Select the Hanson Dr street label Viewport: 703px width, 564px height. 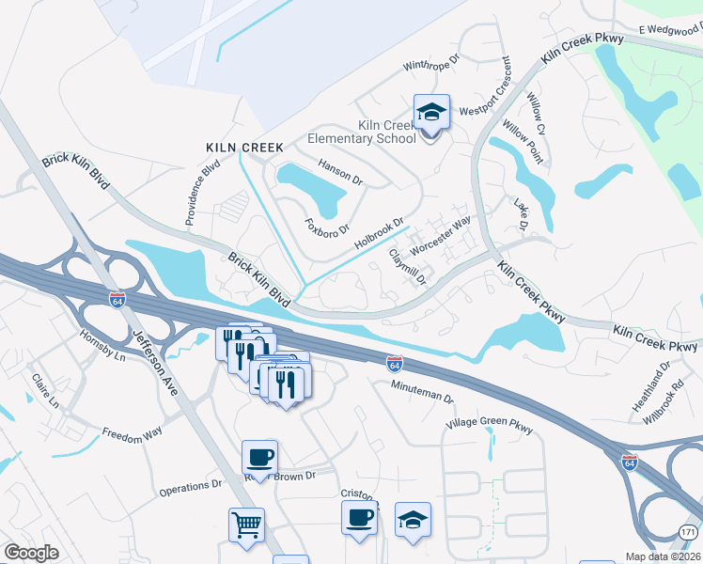(x=340, y=171)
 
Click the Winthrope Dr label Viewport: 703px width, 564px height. (x=430, y=65)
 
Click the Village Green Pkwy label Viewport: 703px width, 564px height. (x=490, y=428)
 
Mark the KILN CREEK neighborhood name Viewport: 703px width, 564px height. (x=238, y=148)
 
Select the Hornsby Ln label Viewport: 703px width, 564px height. (x=102, y=346)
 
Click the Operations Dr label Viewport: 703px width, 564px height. (x=189, y=486)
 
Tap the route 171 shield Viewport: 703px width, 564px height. (x=689, y=532)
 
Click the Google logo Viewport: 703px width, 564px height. (x=31, y=553)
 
